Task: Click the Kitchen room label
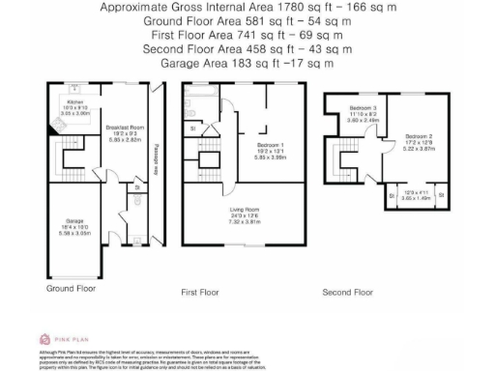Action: click(75, 100)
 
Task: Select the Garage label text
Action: click(74, 220)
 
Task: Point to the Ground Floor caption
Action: click(72, 288)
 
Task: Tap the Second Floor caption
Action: click(348, 291)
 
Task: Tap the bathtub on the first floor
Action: click(189, 102)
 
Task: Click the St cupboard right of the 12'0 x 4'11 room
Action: click(442, 196)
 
